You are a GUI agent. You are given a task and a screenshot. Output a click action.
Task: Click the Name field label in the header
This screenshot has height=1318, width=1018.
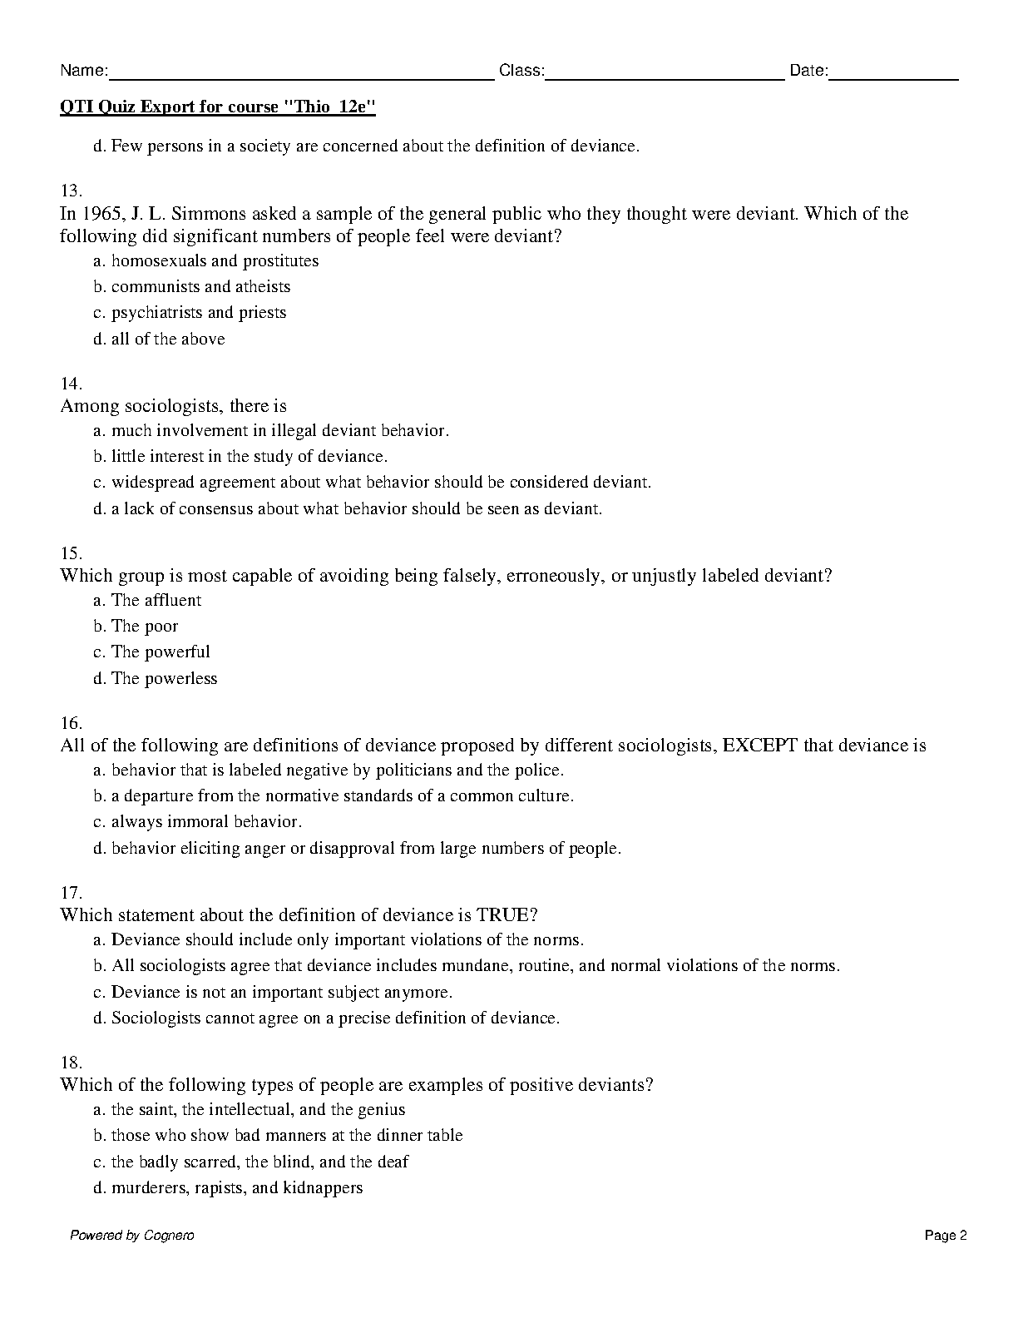[x=83, y=71]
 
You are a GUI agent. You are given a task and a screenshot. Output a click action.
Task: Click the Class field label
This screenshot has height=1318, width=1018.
[x=521, y=71]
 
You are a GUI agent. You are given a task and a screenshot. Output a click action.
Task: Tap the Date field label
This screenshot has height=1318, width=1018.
[x=808, y=71]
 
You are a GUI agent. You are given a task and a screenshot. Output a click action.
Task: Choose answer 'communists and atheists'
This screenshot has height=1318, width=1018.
[x=200, y=287]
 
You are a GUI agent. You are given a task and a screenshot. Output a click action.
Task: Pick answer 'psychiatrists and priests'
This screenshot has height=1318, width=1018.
[x=198, y=313]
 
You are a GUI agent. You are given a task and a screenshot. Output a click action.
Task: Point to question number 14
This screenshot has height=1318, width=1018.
[x=71, y=384]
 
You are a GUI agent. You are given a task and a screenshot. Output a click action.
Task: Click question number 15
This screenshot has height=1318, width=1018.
[x=71, y=553]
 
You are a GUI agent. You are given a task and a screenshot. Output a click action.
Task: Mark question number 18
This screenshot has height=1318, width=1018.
[x=71, y=1063]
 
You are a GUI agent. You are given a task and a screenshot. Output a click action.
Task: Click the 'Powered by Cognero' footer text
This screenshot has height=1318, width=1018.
[x=131, y=1236]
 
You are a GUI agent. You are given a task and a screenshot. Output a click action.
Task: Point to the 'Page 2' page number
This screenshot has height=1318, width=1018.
[x=946, y=1236]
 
